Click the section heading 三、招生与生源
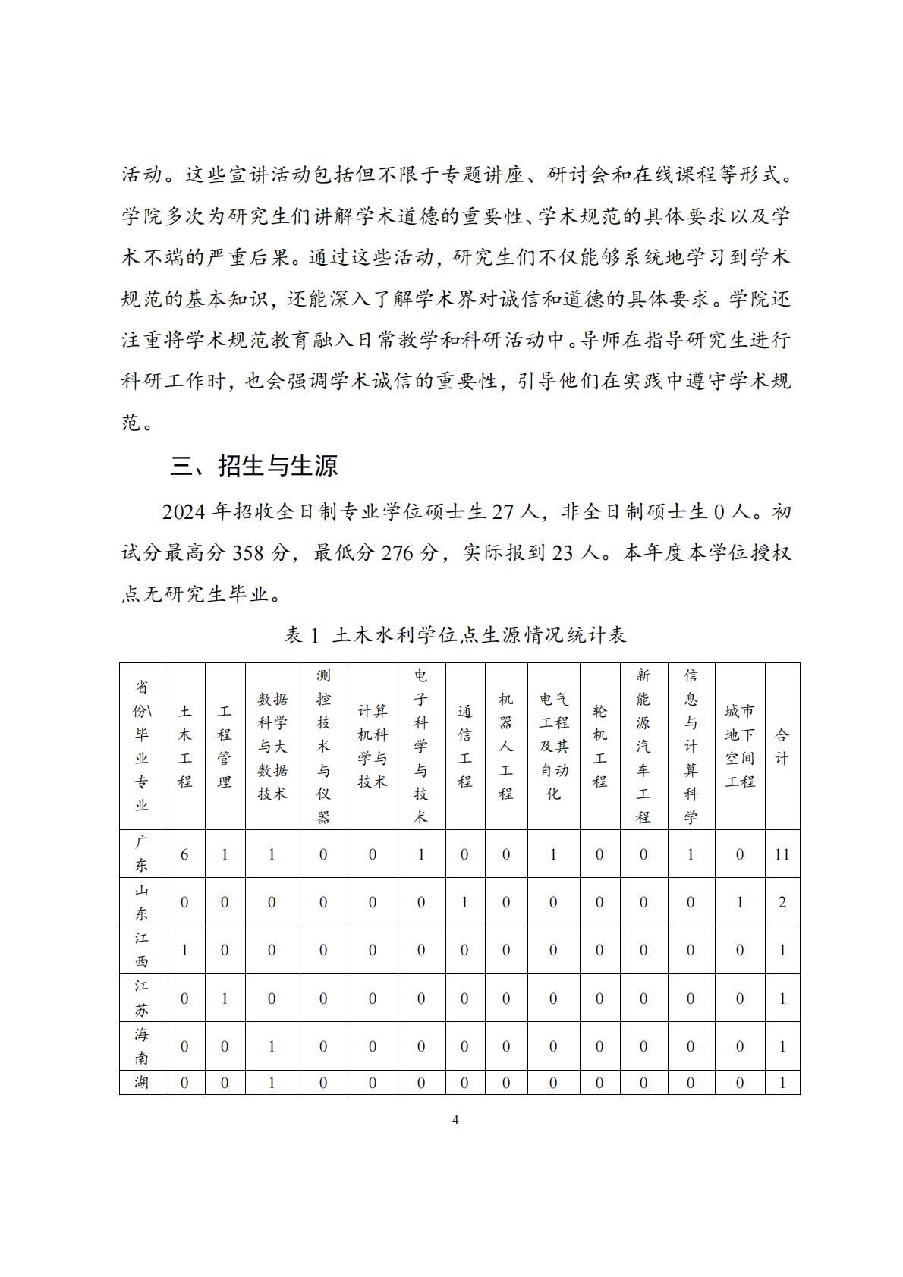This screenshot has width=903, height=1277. [x=254, y=465]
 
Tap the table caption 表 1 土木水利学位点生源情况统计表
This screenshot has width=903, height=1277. [x=455, y=634]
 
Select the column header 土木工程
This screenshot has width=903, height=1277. [x=185, y=747]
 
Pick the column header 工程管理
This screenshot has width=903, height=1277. [x=225, y=747]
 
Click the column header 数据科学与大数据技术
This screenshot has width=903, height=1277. [x=272, y=747]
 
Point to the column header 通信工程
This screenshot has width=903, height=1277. [x=465, y=747]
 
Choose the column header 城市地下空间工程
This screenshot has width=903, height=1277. [x=740, y=747]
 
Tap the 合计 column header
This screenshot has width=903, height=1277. [x=782, y=747]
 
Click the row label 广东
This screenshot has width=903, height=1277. [x=142, y=854]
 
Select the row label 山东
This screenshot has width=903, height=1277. [x=142, y=902]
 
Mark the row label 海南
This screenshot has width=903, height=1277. [x=142, y=1046]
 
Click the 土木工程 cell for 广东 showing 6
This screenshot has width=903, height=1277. [x=185, y=854]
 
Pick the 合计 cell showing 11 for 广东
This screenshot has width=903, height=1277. [x=782, y=854]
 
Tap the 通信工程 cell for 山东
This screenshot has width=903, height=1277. [x=465, y=902]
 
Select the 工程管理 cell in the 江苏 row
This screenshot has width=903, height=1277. [x=225, y=999]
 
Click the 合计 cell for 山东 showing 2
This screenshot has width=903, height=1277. [x=782, y=902]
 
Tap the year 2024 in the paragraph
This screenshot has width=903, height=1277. [x=184, y=512]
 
